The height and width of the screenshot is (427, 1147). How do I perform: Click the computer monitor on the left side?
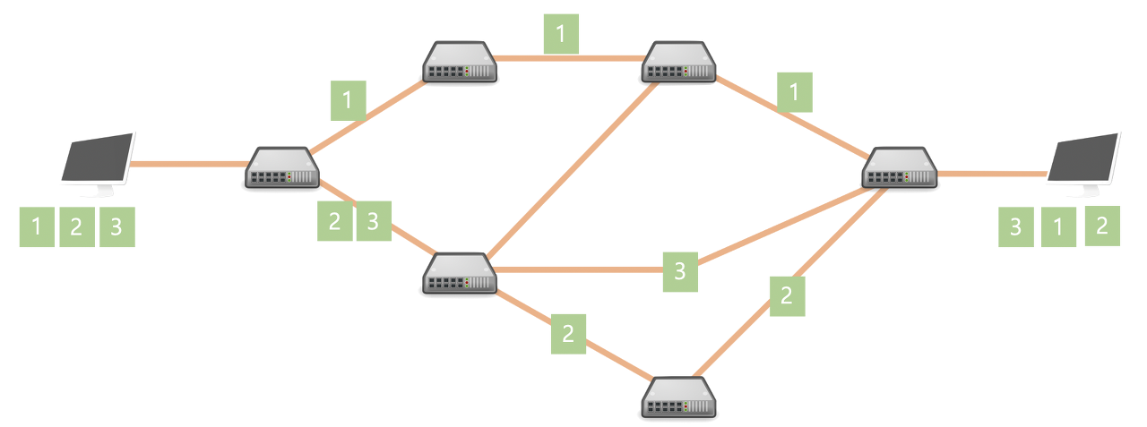point(99,161)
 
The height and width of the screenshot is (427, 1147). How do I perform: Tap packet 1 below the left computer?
point(37,227)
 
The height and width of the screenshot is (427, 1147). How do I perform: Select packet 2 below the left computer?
point(76,227)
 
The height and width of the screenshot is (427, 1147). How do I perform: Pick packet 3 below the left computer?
point(116,227)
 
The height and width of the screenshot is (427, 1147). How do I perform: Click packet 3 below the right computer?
point(1015,227)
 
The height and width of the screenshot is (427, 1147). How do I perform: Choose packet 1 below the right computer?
point(1058,227)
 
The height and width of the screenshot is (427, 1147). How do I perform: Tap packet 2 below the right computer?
point(1102,226)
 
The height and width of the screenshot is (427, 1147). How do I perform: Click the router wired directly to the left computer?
point(281,168)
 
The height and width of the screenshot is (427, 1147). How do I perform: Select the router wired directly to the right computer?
point(900,168)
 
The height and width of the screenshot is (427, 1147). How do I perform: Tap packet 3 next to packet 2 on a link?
point(374,221)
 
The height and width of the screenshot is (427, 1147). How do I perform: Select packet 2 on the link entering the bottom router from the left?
point(568,334)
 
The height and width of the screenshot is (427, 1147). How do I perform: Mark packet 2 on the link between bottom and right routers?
point(787,296)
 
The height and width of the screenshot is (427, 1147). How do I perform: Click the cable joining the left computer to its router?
point(188,163)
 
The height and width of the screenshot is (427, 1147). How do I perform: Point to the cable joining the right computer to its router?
point(990,173)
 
